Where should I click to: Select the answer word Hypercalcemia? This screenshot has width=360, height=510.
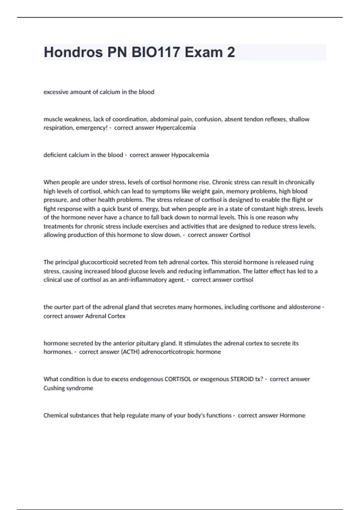pyautogui.click(x=175, y=128)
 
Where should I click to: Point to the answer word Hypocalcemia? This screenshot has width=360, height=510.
pyautogui.click(x=190, y=155)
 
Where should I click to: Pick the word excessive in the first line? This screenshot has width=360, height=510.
pyautogui.click(x=56, y=92)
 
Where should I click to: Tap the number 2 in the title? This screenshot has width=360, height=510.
pyautogui.click(x=231, y=52)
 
